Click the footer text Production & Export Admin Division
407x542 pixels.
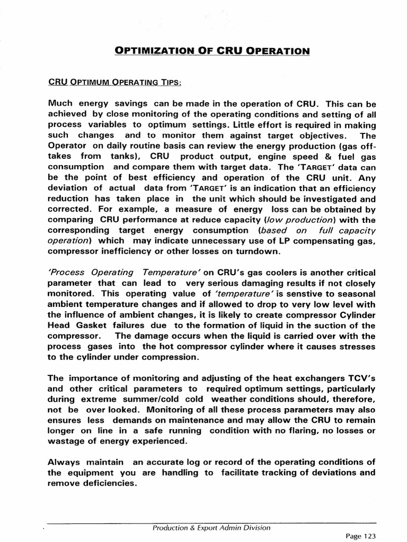211,527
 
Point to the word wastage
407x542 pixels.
67,441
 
